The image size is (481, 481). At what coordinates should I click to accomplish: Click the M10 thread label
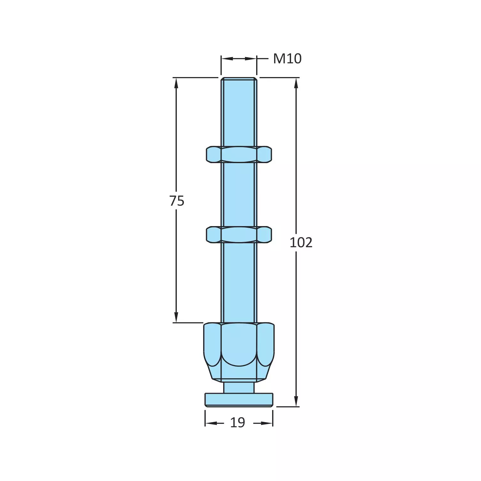coord(287,59)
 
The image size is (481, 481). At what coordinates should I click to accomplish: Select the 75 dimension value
coord(177,201)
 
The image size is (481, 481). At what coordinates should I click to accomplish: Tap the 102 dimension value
coord(301,243)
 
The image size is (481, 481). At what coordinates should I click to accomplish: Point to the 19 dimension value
coord(237,423)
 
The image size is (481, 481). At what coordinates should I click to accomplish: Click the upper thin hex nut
coord(239,154)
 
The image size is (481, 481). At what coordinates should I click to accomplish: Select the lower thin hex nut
coord(239,234)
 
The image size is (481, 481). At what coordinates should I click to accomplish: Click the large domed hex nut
coord(239,345)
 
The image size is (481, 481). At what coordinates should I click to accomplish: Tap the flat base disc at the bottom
coord(239,400)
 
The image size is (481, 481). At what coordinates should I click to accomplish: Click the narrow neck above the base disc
coord(239,387)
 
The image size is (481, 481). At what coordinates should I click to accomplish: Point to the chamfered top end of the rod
coord(239,79)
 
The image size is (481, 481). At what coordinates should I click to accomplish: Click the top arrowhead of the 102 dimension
coord(296,83)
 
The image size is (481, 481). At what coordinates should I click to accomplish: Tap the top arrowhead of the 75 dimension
coord(176,83)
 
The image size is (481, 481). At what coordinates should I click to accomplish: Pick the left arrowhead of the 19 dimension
coord(210,423)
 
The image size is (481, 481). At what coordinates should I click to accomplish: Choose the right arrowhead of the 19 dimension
coord(268,423)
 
